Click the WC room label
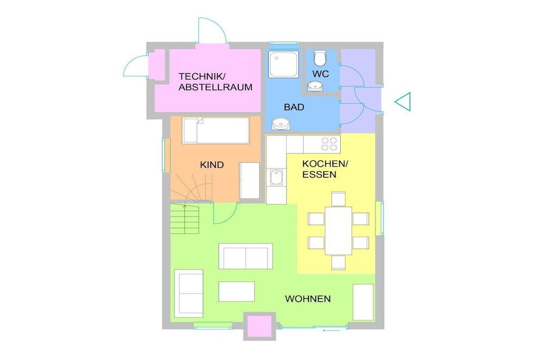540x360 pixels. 321,74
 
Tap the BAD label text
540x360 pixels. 294,107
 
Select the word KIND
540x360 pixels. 212,165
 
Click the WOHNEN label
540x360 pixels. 308,299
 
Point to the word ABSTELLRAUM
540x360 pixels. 216,87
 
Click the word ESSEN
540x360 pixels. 314,174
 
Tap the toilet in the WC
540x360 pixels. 320,58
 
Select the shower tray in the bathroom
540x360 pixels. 284,64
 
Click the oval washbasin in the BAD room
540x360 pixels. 281,123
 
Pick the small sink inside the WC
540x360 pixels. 315,86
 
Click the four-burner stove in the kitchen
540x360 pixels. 329,144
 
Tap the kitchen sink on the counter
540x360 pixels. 276,177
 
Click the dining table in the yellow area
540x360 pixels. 338,230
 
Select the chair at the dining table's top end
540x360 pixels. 338,199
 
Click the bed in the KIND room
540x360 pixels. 216,130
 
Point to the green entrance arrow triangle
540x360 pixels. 402,102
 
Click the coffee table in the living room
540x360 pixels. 237,291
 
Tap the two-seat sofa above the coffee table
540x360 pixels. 246,256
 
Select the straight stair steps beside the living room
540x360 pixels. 185,219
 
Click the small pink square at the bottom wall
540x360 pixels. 259,326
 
